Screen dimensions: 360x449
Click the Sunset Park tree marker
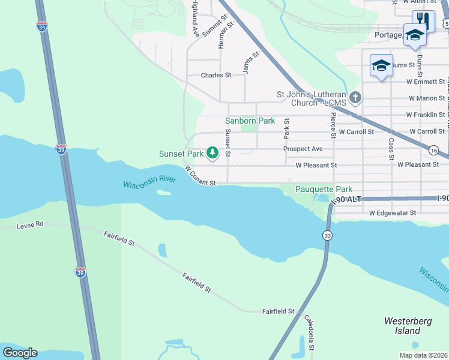pyautogui.click(x=212, y=154)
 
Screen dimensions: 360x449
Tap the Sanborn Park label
pyautogui.click(x=250, y=121)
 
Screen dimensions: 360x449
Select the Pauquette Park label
pyautogui.click(x=324, y=189)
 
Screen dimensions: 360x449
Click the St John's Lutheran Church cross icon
pyautogui.click(x=355, y=97)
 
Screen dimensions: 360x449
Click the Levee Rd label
pyautogui.click(x=32, y=224)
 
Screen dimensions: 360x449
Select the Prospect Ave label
pyautogui.click(x=303, y=149)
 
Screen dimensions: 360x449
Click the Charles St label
pyautogui.click(x=216, y=76)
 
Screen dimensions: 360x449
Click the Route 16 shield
pyautogui.click(x=434, y=150)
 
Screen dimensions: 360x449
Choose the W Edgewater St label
pyautogui.click(x=393, y=213)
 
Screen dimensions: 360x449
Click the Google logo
pyautogui.click(x=20, y=353)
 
